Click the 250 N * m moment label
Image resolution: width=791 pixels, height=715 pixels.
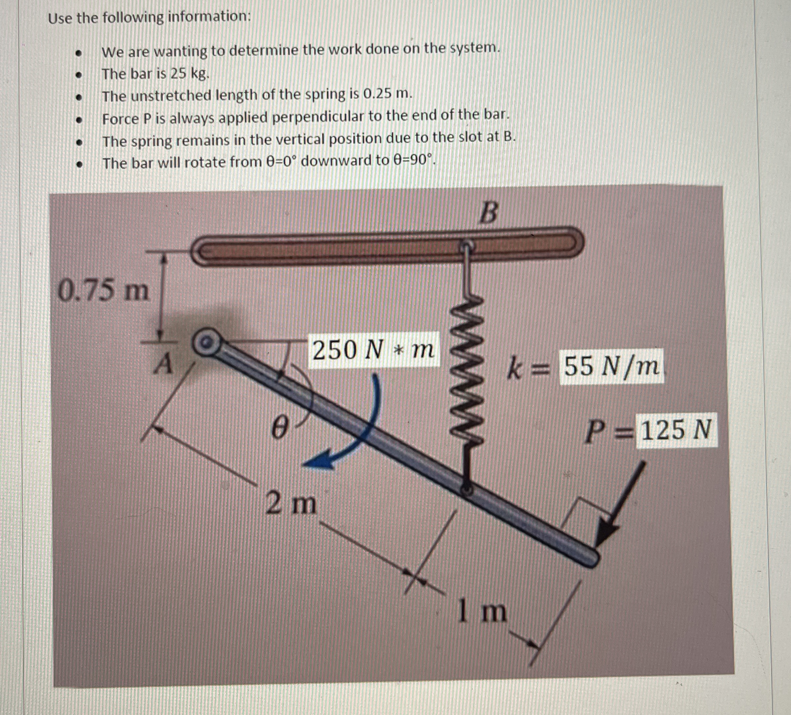click(x=373, y=350)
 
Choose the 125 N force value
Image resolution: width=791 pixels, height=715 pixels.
click(x=676, y=430)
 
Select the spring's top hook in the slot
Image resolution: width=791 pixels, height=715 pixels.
click(x=467, y=246)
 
